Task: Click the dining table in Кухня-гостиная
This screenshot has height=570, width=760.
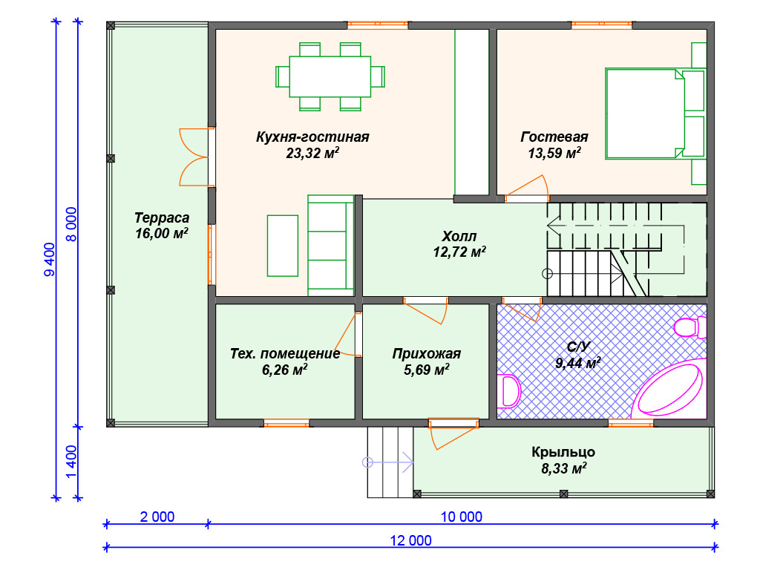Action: pos(330,76)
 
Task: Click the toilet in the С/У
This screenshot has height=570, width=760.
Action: pos(690,327)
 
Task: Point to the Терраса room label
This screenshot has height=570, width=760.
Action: pos(162,217)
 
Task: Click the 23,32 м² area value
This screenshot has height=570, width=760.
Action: pos(312,153)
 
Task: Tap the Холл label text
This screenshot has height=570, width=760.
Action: pos(459,237)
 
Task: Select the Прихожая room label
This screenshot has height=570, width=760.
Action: pos(427,354)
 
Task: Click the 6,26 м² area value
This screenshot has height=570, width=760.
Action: pos(284,370)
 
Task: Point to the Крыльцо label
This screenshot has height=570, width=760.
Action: pos(563,452)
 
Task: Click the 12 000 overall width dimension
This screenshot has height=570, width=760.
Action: pos(411,540)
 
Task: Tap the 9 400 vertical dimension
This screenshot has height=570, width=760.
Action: pos(50,260)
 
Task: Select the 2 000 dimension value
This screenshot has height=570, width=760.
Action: pos(157,517)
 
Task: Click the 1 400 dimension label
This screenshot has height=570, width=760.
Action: pos(71,462)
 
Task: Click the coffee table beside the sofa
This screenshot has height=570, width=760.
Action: pos(283,246)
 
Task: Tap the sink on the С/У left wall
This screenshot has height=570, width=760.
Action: pos(508,390)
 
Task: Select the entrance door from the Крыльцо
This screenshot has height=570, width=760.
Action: pos(453,433)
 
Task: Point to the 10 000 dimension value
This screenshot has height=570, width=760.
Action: pos(462,517)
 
